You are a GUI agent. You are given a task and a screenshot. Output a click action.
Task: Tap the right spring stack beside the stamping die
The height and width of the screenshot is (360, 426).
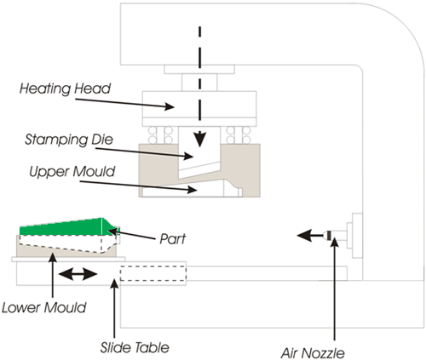click(x=233, y=134)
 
